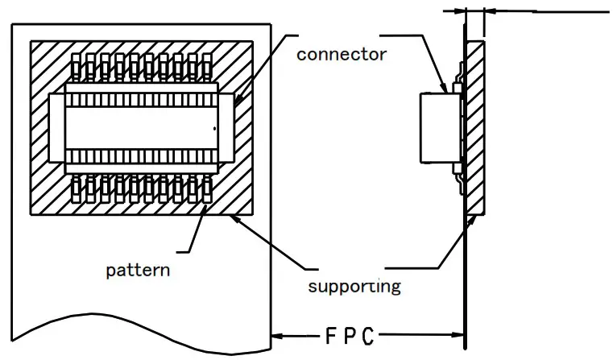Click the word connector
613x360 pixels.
[342, 55]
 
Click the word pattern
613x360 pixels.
[138, 270]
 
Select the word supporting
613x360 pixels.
[354, 285]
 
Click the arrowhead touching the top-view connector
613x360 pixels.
[240, 98]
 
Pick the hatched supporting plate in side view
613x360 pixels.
[475, 129]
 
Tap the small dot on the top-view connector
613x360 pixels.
[214, 130]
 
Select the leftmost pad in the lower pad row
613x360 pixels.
[77, 188]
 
